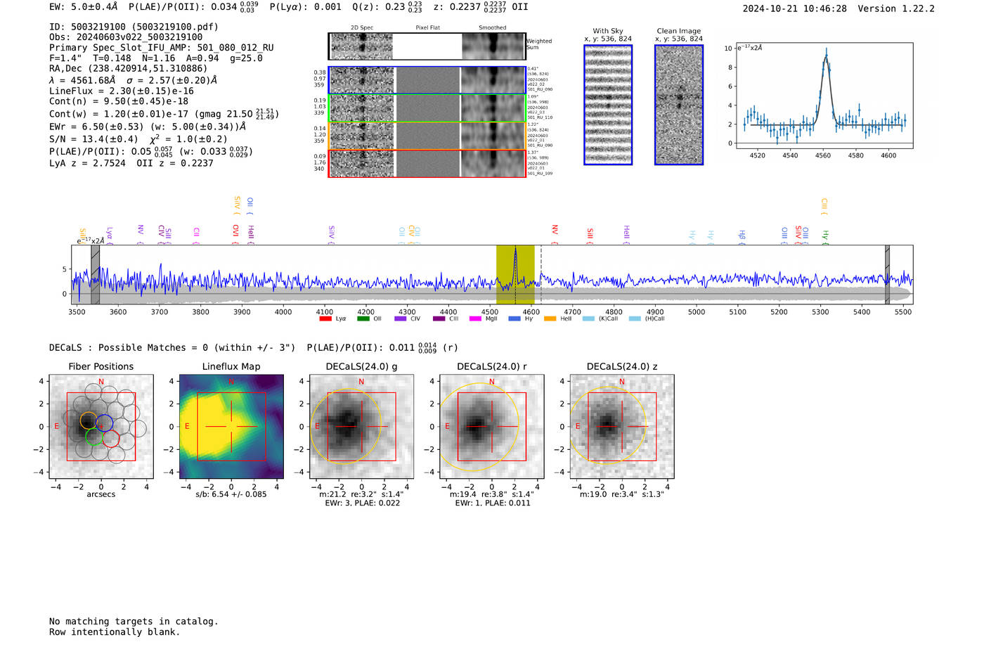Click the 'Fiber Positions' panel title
101,366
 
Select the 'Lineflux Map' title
231,366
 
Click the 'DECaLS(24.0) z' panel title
621,366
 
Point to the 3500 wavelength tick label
77,311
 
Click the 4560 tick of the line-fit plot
822,155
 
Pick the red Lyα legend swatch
325,318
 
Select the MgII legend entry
484,318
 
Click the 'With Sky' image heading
608,31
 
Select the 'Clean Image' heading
679,31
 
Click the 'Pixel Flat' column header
427,27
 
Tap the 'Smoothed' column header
492,27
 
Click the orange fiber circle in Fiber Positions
89,420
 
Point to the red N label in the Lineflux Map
231,381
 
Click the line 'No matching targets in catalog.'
134,621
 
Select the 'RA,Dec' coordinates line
128,68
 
